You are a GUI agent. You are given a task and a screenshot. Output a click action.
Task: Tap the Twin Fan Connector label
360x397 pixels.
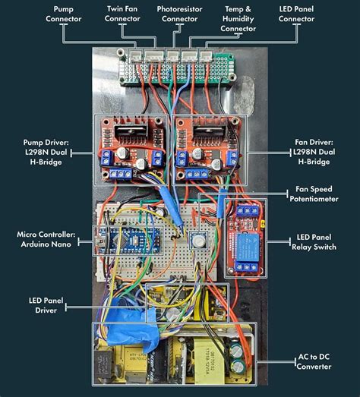[x=122, y=13]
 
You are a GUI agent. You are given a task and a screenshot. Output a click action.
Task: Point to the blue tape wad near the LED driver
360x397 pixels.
[x=122, y=319]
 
